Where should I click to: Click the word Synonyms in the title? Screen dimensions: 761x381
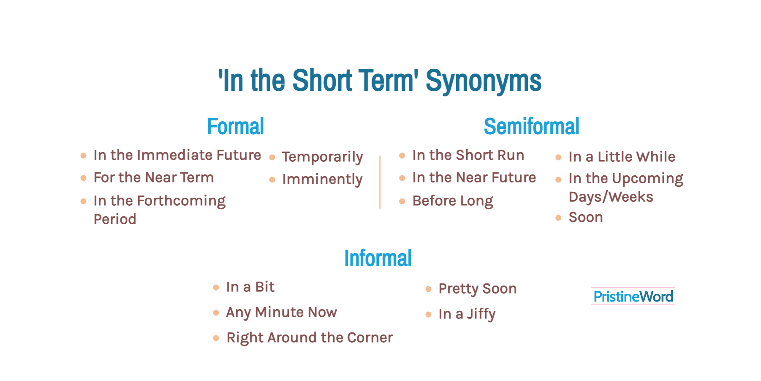point(483,81)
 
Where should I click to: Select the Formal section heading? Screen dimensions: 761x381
point(235,126)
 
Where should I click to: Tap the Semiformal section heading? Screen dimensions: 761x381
point(531,126)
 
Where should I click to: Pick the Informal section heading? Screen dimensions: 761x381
point(378,258)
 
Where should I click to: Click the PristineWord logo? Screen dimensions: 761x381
point(633,297)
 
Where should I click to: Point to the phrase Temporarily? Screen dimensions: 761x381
point(322,157)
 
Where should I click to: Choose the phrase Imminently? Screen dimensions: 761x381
point(322,180)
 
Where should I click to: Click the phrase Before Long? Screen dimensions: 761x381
point(453,201)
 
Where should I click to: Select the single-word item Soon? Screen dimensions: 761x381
point(586,217)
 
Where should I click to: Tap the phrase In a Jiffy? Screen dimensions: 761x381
point(467,314)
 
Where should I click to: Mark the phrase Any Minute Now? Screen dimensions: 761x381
point(281,313)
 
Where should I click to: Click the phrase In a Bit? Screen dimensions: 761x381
point(250,287)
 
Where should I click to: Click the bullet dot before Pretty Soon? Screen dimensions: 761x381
point(428,289)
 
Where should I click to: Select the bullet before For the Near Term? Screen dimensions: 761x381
point(84,178)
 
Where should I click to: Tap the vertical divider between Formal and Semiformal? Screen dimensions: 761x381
point(380,182)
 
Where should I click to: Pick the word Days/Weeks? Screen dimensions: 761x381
point(611,197)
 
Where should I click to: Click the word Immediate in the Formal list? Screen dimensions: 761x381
point(175,155)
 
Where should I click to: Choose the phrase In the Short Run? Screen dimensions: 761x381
point(468,155)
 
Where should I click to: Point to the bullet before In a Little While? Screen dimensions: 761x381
point(558,158)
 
